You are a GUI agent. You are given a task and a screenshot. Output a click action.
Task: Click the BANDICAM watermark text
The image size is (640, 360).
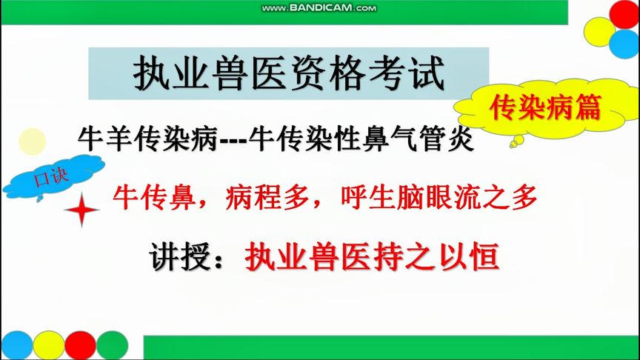point(319,8)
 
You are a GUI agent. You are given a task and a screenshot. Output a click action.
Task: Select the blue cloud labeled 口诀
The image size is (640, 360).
point(52,181)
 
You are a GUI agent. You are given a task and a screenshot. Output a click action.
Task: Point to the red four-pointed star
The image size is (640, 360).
point(81,212)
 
